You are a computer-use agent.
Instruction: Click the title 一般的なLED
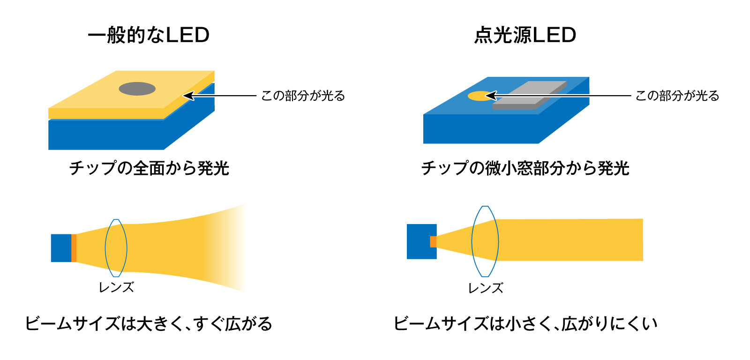pyautogui.click(x=149, y=35)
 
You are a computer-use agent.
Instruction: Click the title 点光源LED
pyautogui.click(x=525, y=35)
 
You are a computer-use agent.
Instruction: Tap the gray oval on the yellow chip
pyautogui.click(x=137, y=89)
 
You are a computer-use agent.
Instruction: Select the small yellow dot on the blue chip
pyautogui.click(x=481, y=96)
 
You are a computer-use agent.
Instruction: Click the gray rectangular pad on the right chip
pyautogui.click(x=530, y=95)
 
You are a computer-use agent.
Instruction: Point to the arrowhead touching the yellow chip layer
pyautogui.click(x=188, y=96)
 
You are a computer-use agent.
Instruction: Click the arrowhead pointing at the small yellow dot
pyautogui.click(x=491, y=96)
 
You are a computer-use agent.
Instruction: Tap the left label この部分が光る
pyautogui.click(x=303, y=96)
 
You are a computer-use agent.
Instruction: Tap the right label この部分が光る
pyautogui.click(x=677, y=96)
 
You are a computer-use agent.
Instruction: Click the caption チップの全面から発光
pyautogui.click(x=149, y=168)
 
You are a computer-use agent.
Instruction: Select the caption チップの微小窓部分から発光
pyautogui.click(x=525, y=168)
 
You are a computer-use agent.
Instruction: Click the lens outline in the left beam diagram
pyautogui.click(x=105, y=248)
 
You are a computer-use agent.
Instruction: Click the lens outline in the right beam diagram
pyautogui.click(x=472, y=241)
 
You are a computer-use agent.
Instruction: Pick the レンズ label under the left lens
pyautogui.click(x=116, y=287)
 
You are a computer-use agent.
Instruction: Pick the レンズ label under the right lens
pyautogui.click(x=486, y=288)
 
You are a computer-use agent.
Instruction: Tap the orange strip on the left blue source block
pyautogui.click(x=74, y=248)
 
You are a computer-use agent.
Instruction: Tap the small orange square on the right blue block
pyautogui.click(x=433, y=241)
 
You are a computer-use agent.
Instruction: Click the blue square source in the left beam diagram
pyautogui.click(x=61, y=248)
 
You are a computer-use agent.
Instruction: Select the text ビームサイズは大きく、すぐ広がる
pyautogui.click(x=149, y=323)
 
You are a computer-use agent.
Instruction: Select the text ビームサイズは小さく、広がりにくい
pyautogui.click(x=525, y=323)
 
